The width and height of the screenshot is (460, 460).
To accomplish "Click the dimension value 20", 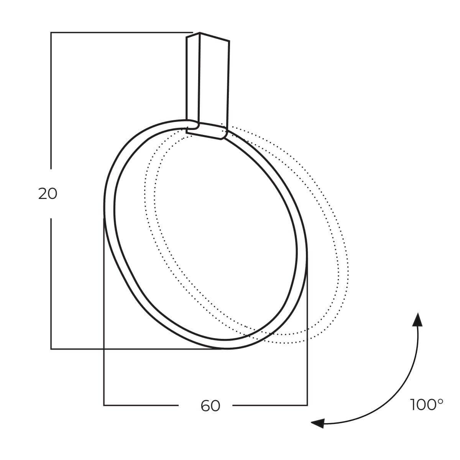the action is (x=48, y=194).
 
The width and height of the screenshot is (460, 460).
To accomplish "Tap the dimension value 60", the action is (x=210, y=406).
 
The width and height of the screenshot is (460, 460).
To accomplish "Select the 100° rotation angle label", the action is (x=426, y=405).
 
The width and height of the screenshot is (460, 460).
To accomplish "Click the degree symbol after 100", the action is (x=441, y=401).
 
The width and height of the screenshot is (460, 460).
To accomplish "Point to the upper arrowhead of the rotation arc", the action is (x=417, y=319).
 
